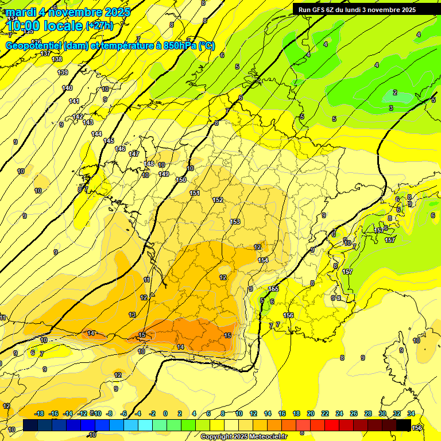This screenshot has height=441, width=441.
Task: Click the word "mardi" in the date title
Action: [x=21, y=12]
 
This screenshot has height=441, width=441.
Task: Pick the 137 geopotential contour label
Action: [x=47, y=53]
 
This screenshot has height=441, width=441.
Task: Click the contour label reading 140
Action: [x=67, y=88]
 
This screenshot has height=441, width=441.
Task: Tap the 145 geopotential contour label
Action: [x=109, y=141]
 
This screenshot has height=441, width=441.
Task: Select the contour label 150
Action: [x=181, y=180]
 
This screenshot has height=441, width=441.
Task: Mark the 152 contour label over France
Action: [x=218, y=200]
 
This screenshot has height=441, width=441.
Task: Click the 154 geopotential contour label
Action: [x=263, y=260]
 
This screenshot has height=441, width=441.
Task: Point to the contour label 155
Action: [x=273, y=289]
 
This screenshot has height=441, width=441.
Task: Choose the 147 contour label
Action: [x=134, y=154]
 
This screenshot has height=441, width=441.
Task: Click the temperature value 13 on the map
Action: [x=133, y=315]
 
